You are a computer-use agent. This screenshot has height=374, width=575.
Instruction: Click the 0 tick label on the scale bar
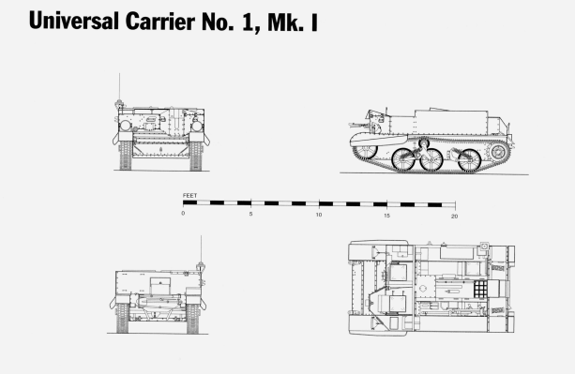tap(184, 215)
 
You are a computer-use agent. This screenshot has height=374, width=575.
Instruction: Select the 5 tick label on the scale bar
tap(251, 215)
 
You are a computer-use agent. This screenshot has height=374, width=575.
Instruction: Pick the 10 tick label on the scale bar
tap(319, 215)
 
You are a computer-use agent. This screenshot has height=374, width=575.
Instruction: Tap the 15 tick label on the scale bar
tap(386, 215)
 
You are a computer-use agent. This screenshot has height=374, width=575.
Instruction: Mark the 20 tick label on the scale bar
tap(454, 215)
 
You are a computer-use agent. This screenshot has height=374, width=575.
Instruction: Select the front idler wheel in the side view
tap(366, 147)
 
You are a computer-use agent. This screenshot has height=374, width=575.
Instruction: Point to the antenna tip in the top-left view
tap(118, 75)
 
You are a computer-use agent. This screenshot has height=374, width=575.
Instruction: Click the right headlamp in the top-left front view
tap(198, 124)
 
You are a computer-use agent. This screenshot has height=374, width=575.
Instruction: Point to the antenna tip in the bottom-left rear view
tap(200, 241)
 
